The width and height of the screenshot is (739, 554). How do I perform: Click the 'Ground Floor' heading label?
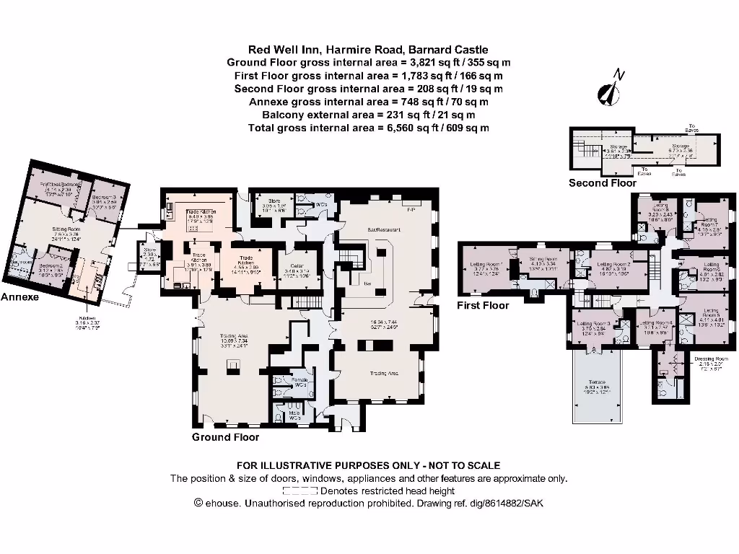pos(225,437)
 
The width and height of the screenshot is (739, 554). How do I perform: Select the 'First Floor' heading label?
pos(483,305)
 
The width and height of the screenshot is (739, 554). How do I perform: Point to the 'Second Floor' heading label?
pos(602,183)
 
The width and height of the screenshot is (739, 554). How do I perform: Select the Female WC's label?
pos(299,382)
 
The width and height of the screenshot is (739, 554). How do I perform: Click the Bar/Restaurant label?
pos(383,229)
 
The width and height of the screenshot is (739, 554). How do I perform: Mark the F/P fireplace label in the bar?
pos(411,210)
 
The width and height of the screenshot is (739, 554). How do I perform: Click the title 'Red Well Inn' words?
pos(284,50)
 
